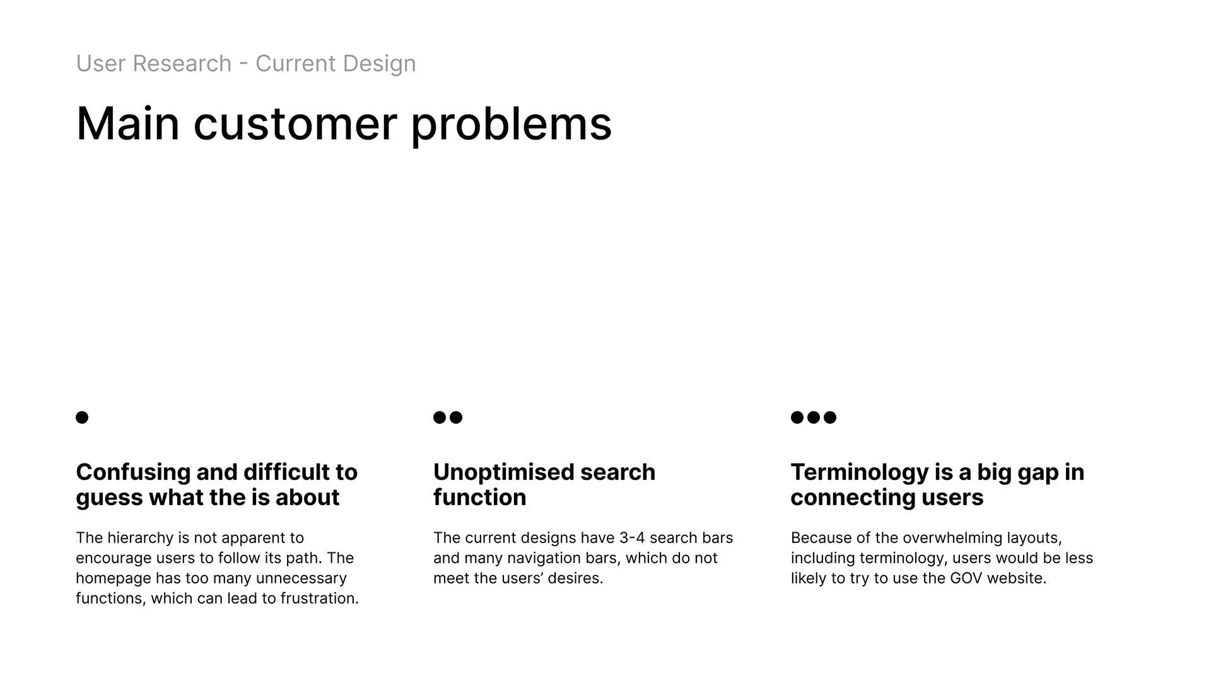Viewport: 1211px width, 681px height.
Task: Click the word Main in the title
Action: pyautogui.click(x=128, y=124)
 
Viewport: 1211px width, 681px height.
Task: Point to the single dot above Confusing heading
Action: pyautogui.click(x=82, y=417)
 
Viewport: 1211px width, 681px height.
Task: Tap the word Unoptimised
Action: pyautogui.click(x=503, y=472)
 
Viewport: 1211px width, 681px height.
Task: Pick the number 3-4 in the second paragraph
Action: pyautogui.click(x=632, y=538)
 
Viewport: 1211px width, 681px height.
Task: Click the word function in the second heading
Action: pyautogui.click(x=480, y=498)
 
